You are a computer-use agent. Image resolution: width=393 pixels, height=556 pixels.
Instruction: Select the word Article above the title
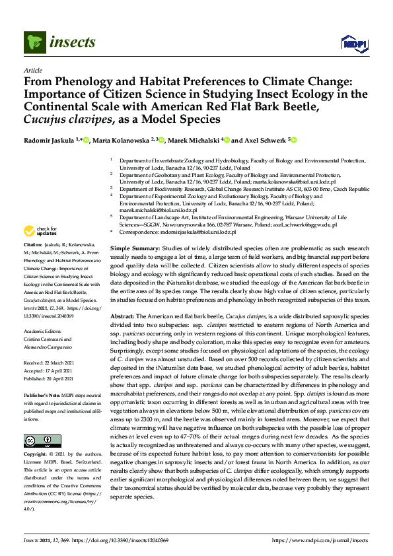pyautogui.click(x=32, y=69)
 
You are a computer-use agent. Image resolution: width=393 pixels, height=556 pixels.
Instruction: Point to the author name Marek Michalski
pyautogui.click(x=195, y=140)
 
